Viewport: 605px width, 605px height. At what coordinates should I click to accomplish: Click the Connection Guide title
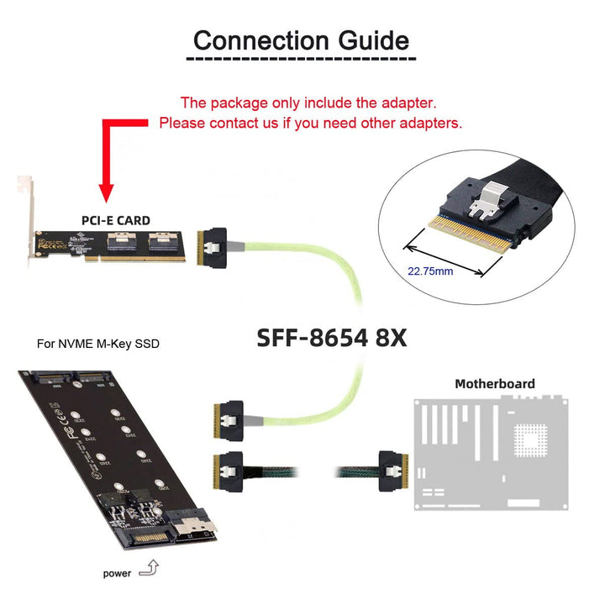click(x=301, y=40)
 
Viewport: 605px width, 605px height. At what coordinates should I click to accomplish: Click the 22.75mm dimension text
click(x=430, y=271)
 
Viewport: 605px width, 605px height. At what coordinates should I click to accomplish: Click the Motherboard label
click(x=494, y=384)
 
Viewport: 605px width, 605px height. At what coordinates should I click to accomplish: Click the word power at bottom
click(x=117, y=574)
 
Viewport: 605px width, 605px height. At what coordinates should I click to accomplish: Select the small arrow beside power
click(x=150, y=571)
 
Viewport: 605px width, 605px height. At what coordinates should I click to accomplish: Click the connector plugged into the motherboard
click(x=392, y=470)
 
